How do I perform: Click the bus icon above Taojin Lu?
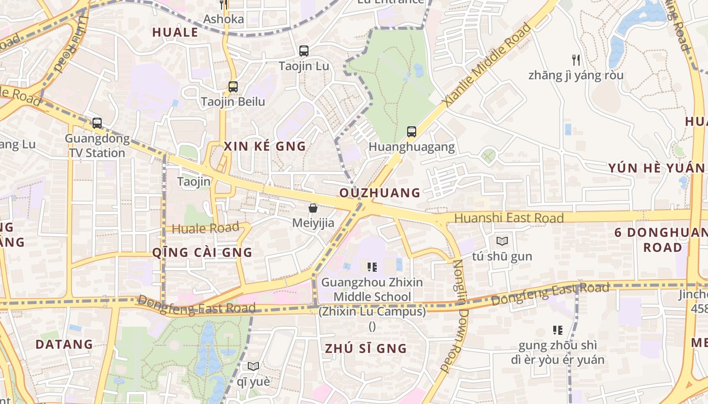(303, 51)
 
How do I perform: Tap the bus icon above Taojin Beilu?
(233, 86)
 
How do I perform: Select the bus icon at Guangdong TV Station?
(97, 123)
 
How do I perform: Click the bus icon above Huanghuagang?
(412, 132)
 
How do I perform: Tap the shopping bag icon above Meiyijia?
(313, 208)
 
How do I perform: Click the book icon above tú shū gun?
(502, 241)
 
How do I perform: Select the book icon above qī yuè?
(253, 366)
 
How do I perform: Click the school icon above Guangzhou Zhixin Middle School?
(372, 267)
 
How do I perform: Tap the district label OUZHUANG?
(380, 193)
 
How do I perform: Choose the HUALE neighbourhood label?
(175, 32)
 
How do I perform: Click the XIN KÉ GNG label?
(265, 146)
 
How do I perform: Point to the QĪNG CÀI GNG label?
(202, 252)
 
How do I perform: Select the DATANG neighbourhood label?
(64, 344)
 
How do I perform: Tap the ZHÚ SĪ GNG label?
(366, 348)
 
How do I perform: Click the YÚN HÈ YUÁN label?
(656, 168)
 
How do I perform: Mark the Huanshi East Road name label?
(509, 218)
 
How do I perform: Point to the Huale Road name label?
(205, 228)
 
